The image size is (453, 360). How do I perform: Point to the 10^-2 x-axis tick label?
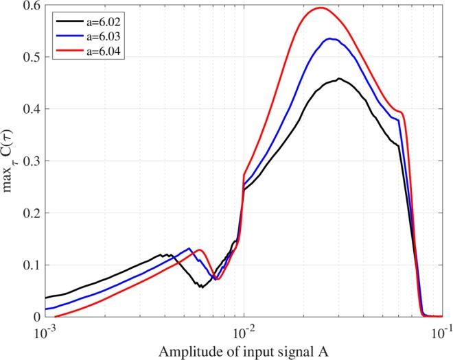coord(243,330)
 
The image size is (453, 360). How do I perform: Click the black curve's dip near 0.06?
coord(201,287)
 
